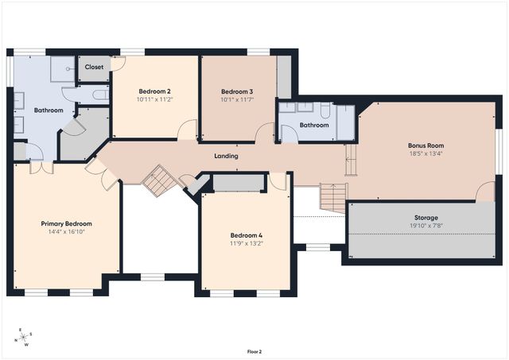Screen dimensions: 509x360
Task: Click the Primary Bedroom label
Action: [66, 224]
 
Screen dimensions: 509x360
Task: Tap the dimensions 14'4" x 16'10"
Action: [66, 232]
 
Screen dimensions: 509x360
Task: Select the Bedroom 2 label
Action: [154, 91]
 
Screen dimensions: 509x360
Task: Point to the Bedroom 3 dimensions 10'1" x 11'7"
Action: [237, 99]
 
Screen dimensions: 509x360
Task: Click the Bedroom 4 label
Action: [247, 235]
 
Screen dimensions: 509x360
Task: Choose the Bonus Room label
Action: [426, 145]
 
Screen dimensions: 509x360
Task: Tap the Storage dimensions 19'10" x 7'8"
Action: [426, 226]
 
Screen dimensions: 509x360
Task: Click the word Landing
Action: [226, 156]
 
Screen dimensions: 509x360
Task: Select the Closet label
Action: [94, 67]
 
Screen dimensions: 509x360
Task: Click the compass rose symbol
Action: [23, 337]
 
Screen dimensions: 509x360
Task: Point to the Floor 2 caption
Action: [254, 351]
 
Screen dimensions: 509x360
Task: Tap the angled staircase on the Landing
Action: [160, 180]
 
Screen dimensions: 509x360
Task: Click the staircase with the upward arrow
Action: [334, 198]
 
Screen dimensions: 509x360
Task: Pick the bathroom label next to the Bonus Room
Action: [314, 126]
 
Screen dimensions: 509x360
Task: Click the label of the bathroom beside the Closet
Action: [49, 110]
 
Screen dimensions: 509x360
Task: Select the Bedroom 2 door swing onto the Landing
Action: [187, 130]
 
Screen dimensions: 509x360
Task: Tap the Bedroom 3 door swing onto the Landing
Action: [264, 133]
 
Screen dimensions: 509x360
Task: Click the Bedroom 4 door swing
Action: [278, 181]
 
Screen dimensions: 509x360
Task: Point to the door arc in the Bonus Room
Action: [485, 191]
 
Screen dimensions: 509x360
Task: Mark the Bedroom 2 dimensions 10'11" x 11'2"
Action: [154, 99]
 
